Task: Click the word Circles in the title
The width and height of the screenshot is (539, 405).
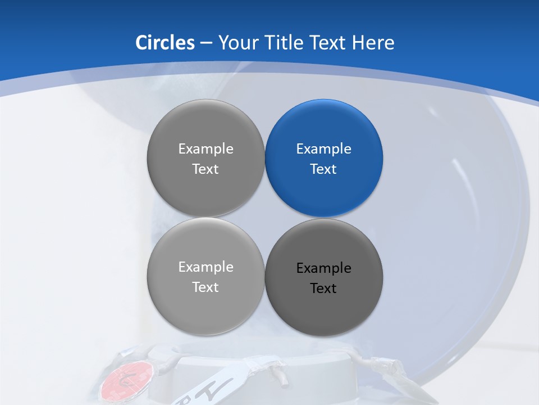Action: coord(165,43)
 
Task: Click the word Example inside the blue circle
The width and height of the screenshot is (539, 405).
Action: coord(323,149)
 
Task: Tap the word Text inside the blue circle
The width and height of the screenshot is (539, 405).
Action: coord(323,169)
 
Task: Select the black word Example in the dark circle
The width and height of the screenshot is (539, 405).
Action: coord(323,268)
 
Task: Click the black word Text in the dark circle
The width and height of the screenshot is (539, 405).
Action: coord(323,289)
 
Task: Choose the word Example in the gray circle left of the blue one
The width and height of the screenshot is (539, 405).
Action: coord(205,149)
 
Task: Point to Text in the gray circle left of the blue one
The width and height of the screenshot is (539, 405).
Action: coord(205,169)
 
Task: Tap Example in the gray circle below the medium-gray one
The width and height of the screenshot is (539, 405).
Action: coord(205,267)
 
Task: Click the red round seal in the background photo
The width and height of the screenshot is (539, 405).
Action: coord(126,379)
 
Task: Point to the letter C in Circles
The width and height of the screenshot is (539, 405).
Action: coord(142,43)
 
